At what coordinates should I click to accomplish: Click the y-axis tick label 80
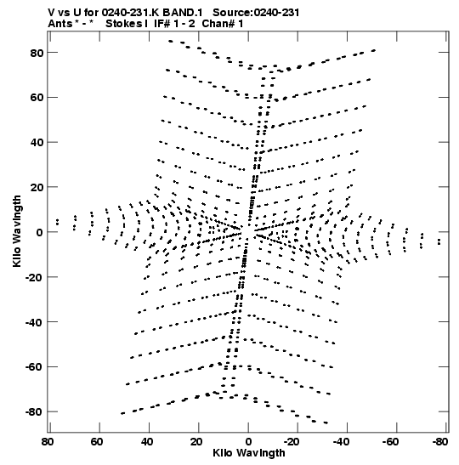pyautogui.click(x=37, y=53)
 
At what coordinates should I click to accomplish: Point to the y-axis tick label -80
pyautogui.click(x=33, y=412)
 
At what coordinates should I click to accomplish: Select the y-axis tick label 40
pyautogui.click(x=37, y=142)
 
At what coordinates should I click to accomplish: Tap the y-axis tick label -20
pyautogui.click(x=33, y=277)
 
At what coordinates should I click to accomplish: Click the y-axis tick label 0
pyautogui.click(x=40, y=232)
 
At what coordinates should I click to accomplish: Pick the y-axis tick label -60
pyautogui.click(x=33, y=367)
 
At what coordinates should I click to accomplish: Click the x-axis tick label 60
pyautogui.click(x=97, y=442)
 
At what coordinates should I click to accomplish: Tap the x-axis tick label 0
pyautogui.click(x=248, y=442)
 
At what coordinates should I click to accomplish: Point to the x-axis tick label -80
pyautogui.click(x=440, y=442)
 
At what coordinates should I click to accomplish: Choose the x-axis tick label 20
pyautogui.click(x=196, y=442)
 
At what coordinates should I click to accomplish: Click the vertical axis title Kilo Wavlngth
pyautogui.click(x=17, y=231)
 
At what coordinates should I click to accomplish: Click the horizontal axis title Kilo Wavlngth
pyautogui.click(x=249, y=453)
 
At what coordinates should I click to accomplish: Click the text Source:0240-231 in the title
pyautogui.click(x=256, y=13)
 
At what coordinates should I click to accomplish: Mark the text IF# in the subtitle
pyautogui.click(x=162, y=24)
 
